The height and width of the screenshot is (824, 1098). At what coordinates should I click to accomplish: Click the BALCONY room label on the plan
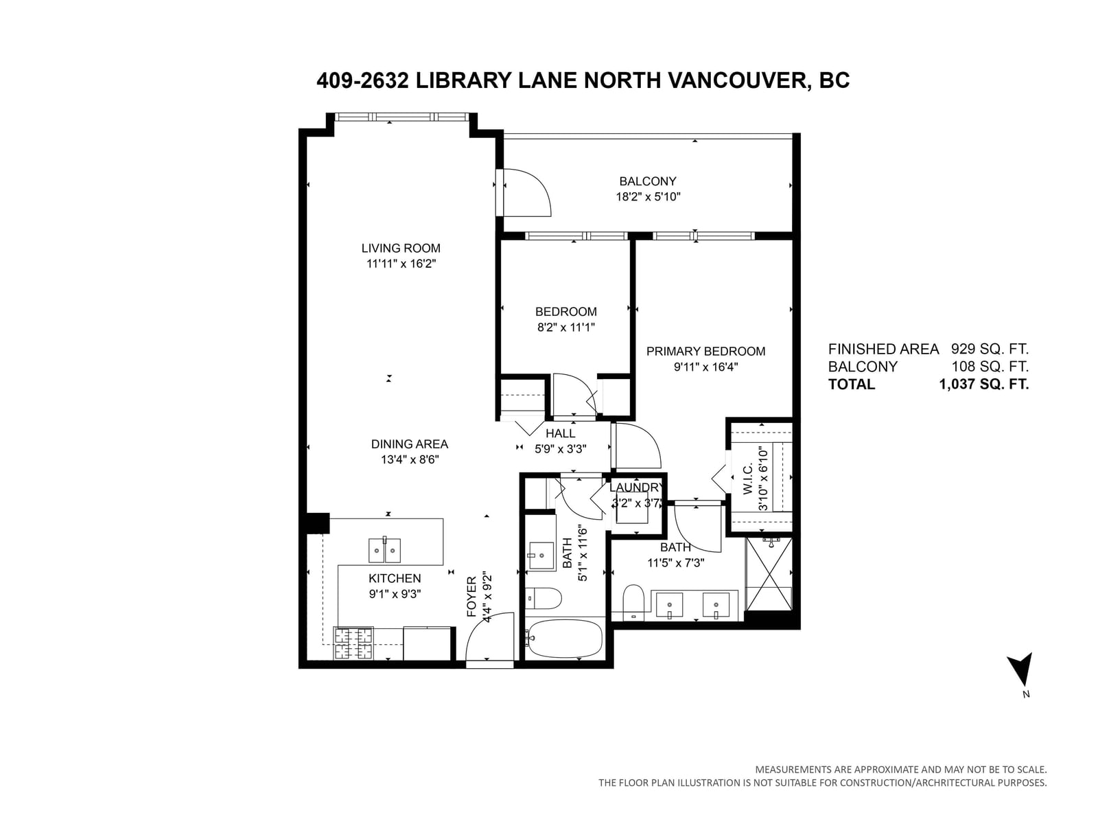[x=647, y=181]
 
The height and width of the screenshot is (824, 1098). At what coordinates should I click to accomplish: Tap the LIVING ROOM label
[x=401, y=248]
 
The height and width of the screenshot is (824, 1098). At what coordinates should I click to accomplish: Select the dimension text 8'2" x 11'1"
[x=565, y=328]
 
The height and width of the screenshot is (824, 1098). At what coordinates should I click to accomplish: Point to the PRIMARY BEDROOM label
[x=705, y=351]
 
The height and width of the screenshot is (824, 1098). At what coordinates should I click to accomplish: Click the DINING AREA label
[x=409, y=444]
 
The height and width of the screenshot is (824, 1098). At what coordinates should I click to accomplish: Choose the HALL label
[x=560, y=433]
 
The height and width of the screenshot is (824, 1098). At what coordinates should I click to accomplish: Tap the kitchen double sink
[x=384, y=550]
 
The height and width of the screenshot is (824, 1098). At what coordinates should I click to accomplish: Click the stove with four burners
[x=353, y=643]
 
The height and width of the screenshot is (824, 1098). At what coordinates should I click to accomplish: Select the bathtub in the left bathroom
[x=564, y=639]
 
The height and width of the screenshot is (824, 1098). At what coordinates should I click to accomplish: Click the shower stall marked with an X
[x=769, y=574]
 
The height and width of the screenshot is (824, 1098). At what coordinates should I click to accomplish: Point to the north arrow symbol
[x=1020, y=669]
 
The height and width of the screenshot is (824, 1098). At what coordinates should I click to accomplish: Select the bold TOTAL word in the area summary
[x=852, y=385]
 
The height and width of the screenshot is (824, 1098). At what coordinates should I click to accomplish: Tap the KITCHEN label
[x=395, y=578]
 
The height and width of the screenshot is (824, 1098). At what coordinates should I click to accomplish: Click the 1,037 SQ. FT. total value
[x=983, y=385]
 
